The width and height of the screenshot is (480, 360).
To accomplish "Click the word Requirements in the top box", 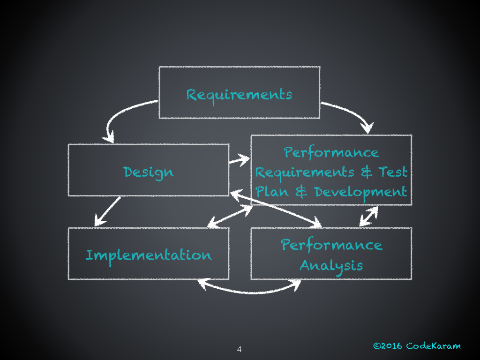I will tap(239, 95).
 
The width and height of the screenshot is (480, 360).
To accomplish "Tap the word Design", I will tap(149, 172).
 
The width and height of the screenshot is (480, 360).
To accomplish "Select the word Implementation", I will tap(149, 255).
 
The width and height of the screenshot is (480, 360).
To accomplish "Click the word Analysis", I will tap(331, 266).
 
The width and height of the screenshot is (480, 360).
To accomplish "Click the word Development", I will tap(360, 192).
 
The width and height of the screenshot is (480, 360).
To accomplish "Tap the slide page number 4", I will tap(239, 349).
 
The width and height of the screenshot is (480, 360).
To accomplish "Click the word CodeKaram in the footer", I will tap(433, 346).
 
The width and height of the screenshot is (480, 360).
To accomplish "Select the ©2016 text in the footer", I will tap(387, 346).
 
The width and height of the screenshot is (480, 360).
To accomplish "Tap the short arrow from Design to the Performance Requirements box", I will tap(239, 161).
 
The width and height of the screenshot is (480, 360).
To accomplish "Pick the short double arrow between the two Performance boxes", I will tap(368, 216).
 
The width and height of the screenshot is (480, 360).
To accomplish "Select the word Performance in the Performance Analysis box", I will tap(331, 245).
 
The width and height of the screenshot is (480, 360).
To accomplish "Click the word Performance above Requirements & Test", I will tap(331, 152).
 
